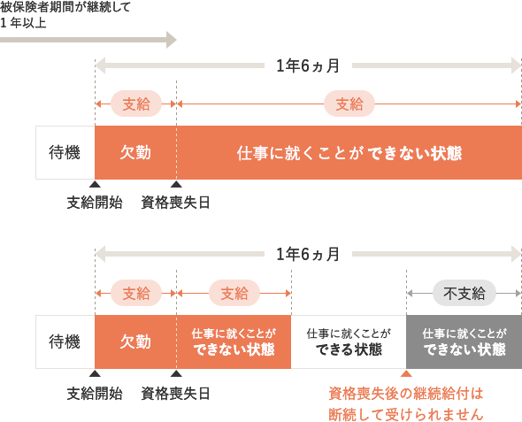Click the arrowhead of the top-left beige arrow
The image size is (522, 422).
(x=172, y=40)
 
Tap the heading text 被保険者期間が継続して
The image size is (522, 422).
(x=65, y=7)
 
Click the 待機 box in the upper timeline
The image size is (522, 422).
(x=65, y=153)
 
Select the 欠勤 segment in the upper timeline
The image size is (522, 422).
(x=136, y=153)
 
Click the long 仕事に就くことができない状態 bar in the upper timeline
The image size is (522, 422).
(x=349, y=153)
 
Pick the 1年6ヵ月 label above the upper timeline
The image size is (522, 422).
(x=308, y=65)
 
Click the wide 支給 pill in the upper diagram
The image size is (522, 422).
(x=349, y=104)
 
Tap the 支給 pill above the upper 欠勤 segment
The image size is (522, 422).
(x=136, y=104)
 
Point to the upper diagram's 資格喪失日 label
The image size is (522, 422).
(x=175, y=203)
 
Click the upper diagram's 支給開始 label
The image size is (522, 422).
(x=95, y=203)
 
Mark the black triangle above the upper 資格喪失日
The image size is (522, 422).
(x=176, y=184)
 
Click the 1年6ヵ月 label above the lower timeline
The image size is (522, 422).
(x=308, y=255)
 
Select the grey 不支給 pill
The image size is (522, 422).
(x=464, y=293)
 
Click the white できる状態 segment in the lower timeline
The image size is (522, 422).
(x=349, y=341)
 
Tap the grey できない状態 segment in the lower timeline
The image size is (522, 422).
(x=464, y=341)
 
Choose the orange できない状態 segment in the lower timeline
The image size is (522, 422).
(x=234, y=341)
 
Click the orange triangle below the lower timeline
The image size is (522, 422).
(x=406, y=373)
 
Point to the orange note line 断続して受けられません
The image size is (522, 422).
(x=406, y=414)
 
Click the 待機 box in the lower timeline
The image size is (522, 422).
(x=65, y=341)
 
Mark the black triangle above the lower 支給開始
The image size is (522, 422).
(x=95, y=373)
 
